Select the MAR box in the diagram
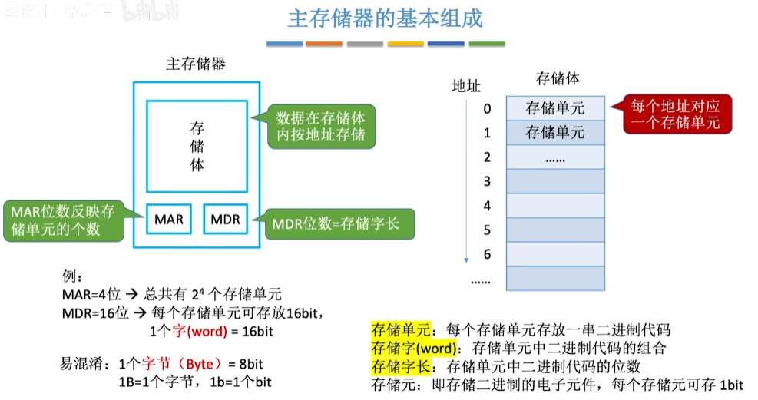(169, 220)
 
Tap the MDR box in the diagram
(225, 220)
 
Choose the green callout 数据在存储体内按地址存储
(320, 127)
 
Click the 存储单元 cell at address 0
(555, 108)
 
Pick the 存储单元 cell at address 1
(555, 133)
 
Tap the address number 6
(487, 254)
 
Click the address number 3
(487, 181)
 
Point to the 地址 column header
(466, 86)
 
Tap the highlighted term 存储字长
(401, 366)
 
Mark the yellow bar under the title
(405, 44)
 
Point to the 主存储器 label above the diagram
(196, 64)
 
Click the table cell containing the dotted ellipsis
(555, 157)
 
